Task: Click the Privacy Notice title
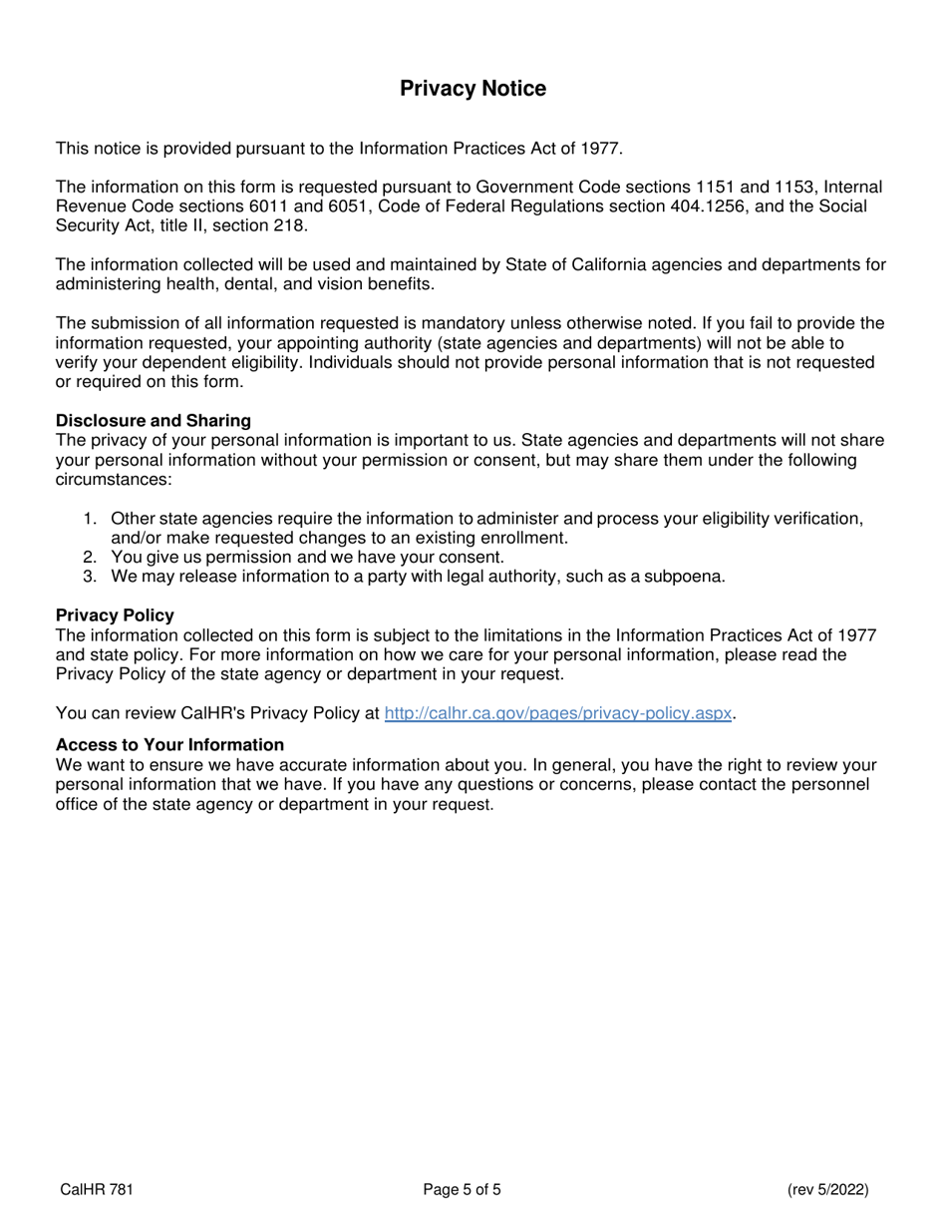coord(473,89)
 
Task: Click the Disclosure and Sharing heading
coord(154,420)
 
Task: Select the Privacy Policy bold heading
coord(115,615)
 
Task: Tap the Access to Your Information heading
coord(169,745)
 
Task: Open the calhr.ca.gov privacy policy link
coord(557,713)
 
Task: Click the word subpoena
coord(685,577)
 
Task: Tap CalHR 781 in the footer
coord(97,1189)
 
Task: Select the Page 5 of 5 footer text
coord(463,1189)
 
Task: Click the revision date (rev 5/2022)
coord(827,1189)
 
